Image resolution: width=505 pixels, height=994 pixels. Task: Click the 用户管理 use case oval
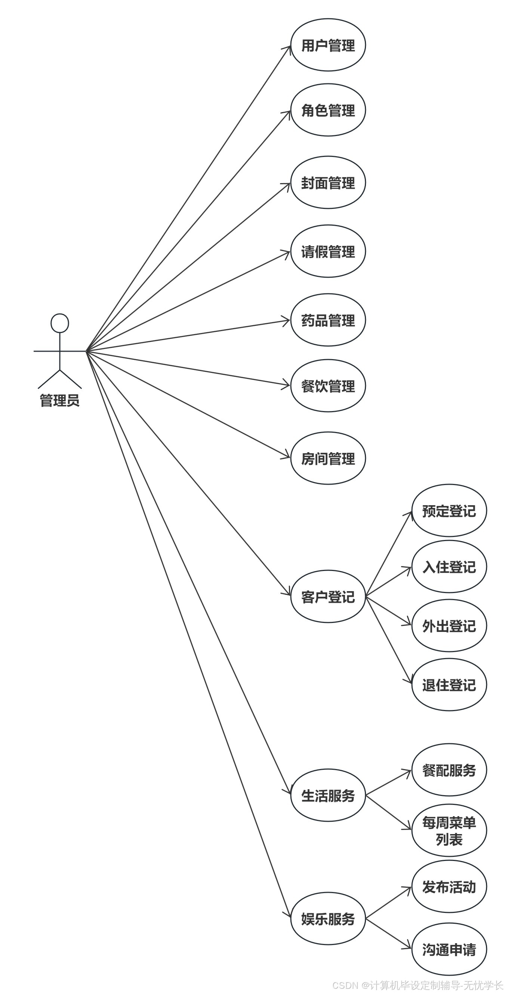click(328, 45)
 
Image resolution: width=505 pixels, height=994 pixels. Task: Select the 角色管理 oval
click(328, 110)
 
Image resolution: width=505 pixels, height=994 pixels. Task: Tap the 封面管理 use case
click(328, 182)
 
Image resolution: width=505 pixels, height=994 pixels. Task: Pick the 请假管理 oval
click(328, 251)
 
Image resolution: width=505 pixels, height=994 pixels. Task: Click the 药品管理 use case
click(328, 320)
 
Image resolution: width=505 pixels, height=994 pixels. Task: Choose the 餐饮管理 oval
click(328, 386)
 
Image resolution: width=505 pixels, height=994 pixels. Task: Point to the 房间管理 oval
click(328, 459)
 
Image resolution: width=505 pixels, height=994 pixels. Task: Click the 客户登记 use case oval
click(328, 596)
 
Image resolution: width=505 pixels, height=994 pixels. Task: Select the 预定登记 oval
click(449, 511)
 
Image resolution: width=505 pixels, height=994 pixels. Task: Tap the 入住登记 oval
click(449, 567)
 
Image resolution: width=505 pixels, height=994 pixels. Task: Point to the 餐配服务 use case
click(449, 770)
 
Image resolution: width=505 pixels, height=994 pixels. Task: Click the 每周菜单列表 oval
click(449, 831)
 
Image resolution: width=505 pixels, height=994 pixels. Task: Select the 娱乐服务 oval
click(328, 919)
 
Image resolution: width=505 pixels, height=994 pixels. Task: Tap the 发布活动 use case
click(449, 887)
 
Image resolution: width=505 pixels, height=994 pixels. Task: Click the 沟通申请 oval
click(449, 949)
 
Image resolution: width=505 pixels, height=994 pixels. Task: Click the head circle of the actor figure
click(60, 323)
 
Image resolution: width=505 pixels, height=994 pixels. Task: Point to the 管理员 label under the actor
click(60, 401)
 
